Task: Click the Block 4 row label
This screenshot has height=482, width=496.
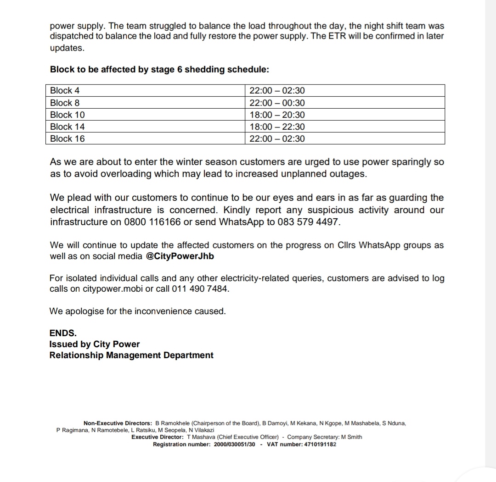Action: pos(65,91)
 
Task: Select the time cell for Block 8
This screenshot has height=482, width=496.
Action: pos(277,103)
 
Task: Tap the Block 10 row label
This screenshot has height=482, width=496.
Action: pos(67,115)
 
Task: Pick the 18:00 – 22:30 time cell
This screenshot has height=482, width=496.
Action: pos(277,127)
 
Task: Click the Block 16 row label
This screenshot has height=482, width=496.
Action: pos(67,139)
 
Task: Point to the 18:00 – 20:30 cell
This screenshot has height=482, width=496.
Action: pos(277,115)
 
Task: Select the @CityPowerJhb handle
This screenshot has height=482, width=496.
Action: pos(180,256)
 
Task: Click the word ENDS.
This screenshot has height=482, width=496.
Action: pos(63,333)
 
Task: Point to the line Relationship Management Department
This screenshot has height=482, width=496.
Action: pos(131,355)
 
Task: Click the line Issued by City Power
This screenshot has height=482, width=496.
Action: pos(95,344)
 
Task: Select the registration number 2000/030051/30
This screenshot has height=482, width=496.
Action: pos(234,444)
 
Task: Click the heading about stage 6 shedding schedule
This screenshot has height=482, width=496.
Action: pos(159,70)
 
